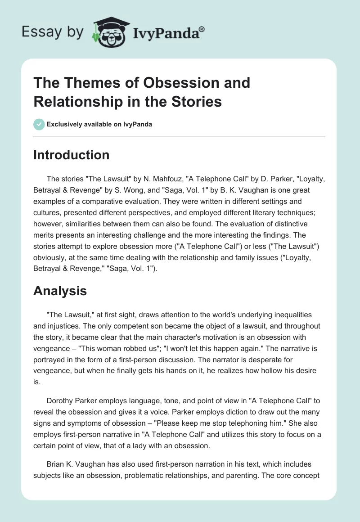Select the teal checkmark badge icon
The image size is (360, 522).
[x=39, y=124]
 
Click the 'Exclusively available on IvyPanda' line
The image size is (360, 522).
[x=99, y=125]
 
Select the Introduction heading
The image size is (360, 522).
[x=72, y=155]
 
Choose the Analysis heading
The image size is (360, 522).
[x=60, y=291]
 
